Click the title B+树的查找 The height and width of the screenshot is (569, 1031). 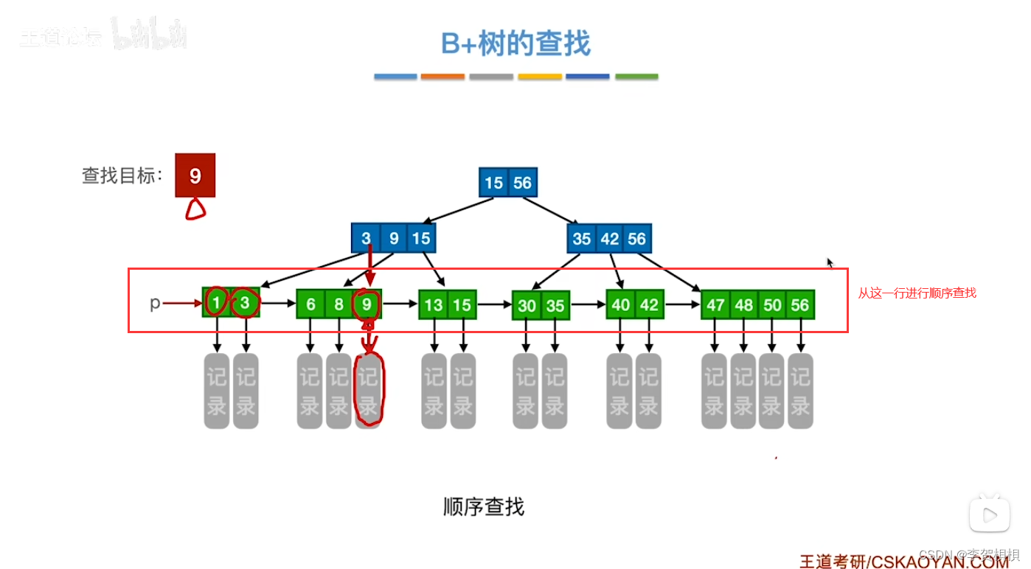click(x=515, y=44)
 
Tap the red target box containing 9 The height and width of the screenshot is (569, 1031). click(x=195, y=175)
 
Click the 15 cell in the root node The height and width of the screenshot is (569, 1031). click(x=493, y=182)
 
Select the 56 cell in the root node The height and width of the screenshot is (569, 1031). click(x=522, y=182)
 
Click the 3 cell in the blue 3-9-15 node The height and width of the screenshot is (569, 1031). click(x=366, y=238)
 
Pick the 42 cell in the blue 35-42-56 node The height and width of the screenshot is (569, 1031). click(x=609, y=238)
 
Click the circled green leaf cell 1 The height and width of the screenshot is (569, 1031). click(x=216, y=303)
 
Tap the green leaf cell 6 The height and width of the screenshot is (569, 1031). click(x=310, y=304)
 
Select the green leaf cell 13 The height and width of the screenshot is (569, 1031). click(x=434, y=304)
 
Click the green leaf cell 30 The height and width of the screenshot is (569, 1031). click(x=527, y=305)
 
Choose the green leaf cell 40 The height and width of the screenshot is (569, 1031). click(x=621, y=304)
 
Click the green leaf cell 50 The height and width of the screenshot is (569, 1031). click(x=772, y=304)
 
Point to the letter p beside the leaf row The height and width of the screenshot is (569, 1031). click(x=155, y=303)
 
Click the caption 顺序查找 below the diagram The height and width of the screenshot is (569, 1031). click(x=484, y=507)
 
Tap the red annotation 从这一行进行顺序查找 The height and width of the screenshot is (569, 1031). click(x=917, y=293)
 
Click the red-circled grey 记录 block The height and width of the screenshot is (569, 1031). click(x=368, y=391)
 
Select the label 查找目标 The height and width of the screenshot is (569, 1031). click(x=122, y=175)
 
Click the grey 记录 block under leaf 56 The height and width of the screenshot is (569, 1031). click(x=800, y=391)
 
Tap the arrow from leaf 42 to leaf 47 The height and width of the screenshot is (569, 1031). click(x=682, y=304)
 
